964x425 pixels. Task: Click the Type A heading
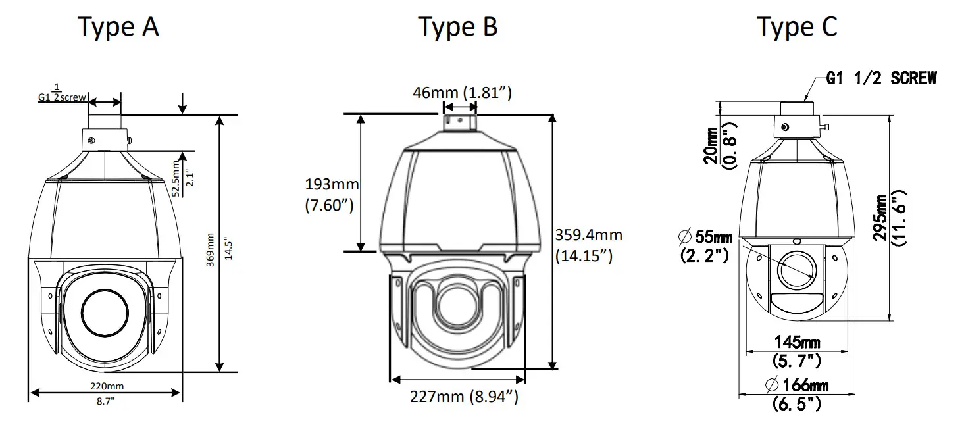point(118,27)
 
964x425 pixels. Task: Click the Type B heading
point(459,27)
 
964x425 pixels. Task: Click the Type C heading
point(797,27)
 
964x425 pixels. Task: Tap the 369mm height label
point(211,255)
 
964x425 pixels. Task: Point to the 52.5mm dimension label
point(176,178)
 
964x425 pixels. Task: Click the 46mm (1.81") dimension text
point(462,92)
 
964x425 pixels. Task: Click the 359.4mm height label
point(588,235)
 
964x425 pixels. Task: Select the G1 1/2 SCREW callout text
point(881,78)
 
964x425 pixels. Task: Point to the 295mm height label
point(880,217)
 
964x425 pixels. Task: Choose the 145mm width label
point(796,343)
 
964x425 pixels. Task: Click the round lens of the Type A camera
point(105,312)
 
